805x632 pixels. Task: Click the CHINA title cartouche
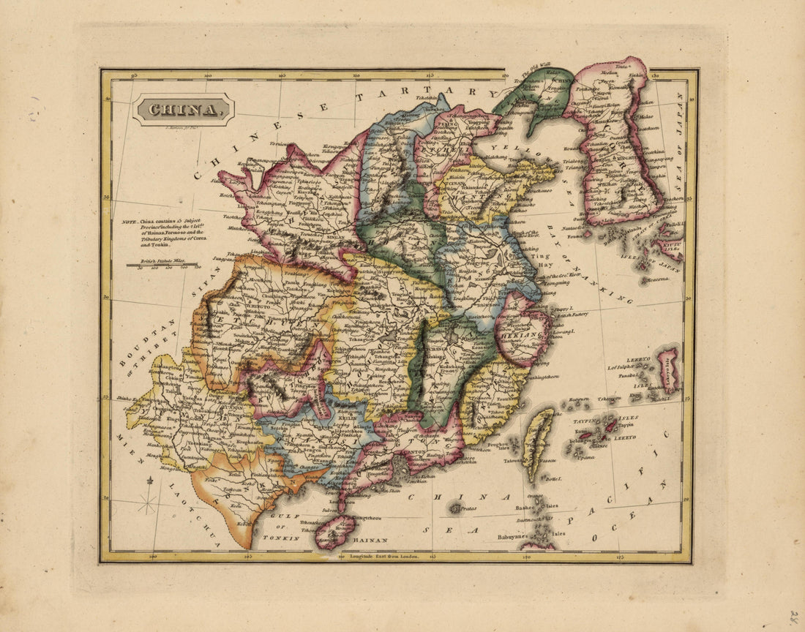pyautogui.click(x=184, y=110)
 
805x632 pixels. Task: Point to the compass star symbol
pyautogui.click(x=148, y=503)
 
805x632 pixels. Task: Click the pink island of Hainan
pyautogui.click(x=334, y=532)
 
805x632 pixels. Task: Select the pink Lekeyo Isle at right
pyautogui.click(x=668, y=369)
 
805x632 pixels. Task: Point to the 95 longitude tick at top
pyautogui.click(x=134, y=75)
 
